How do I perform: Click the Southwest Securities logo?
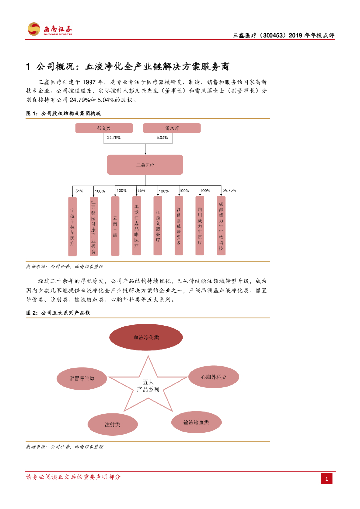(49, 29)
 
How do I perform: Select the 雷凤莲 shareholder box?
(172, 128)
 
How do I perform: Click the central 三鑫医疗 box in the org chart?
(145, 165)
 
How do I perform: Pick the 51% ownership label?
(79, 191)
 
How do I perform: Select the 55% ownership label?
(141, 191)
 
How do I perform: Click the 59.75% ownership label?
(229, 190)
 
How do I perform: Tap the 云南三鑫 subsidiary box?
(115, 226)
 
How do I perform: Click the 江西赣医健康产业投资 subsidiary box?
(93, 226)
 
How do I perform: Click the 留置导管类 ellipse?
(82, 379)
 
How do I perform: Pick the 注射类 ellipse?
(112, 425)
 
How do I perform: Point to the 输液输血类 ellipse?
(196, 423)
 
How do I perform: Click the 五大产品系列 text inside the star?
(148, 386)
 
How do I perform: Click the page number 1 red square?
(327, 479)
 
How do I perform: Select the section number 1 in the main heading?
(29, 66)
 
